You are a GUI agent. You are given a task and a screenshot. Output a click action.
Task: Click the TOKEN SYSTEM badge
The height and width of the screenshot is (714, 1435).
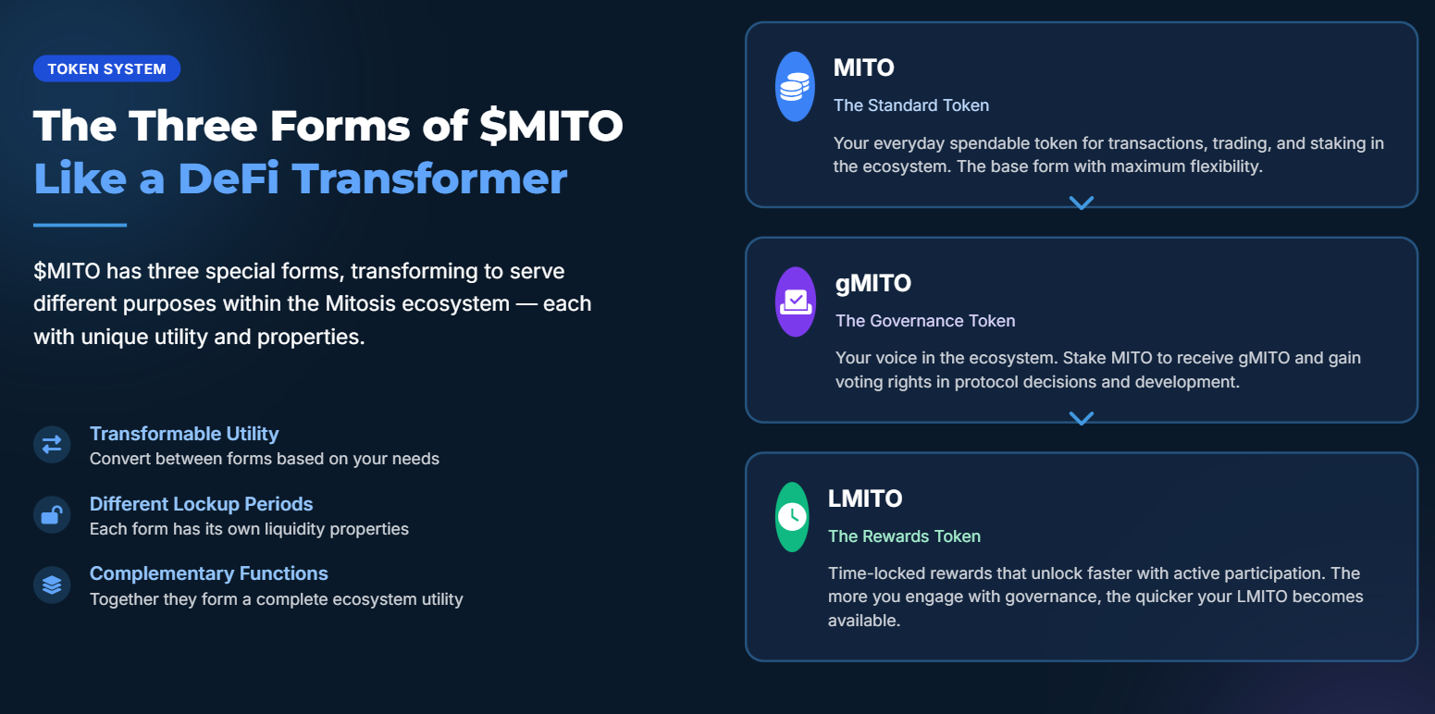pos(106,68)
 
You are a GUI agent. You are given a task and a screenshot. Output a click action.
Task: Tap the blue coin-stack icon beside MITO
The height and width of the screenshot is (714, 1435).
pos(795,86)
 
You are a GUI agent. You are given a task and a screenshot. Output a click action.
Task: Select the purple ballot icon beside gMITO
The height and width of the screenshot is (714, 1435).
pos(796,302)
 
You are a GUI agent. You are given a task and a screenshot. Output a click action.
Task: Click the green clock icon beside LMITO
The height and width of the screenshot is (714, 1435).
pos(793,517)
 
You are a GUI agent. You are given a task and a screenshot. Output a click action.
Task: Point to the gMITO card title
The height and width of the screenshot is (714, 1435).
pos(873,283)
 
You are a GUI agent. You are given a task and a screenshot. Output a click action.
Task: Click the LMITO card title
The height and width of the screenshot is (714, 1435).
pos(865,499)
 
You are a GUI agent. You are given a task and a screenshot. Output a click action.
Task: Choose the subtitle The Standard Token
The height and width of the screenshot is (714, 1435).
pos(911,105)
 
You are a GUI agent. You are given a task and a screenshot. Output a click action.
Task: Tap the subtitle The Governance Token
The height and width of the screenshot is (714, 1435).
pos(925,320)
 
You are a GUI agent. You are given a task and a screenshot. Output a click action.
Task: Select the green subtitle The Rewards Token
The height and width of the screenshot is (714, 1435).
pos(904,536)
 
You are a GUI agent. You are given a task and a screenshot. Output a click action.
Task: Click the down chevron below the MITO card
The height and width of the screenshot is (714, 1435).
pos(1082,203)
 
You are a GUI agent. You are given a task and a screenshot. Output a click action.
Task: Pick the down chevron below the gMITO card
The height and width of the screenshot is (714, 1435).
pos(1082,418)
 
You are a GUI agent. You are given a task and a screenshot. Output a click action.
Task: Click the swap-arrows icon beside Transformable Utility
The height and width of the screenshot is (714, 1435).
pos(52,445)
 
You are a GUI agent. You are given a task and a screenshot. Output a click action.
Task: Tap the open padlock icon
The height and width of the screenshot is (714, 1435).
pos(52,515)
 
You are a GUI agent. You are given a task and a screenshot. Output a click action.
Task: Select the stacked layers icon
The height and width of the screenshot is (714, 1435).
pos(52,585)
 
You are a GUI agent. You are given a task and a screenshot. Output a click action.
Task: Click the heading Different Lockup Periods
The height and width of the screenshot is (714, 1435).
pos(201,504)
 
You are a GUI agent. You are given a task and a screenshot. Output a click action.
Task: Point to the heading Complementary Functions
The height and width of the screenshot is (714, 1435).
pos(209,573)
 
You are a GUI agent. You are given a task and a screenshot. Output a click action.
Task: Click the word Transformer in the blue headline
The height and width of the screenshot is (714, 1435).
pos(430,178)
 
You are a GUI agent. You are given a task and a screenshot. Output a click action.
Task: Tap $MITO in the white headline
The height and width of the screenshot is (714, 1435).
pos(550,126)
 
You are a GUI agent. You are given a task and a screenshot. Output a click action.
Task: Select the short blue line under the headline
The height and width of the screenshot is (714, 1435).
pos(80,225)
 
